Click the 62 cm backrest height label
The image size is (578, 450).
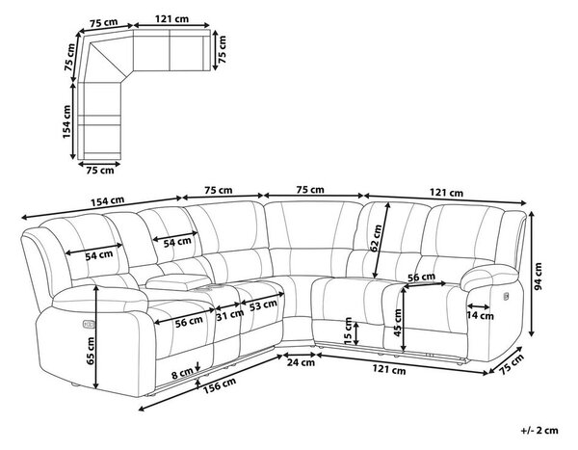(x=377, y=238)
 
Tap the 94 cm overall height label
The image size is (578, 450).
(x=539, y=277)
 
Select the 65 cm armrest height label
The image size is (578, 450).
(x=91, y=351)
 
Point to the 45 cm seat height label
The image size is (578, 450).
(x=397, y=323)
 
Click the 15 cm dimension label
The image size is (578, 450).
(x=348, y=331)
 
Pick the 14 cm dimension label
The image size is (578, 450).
(x=480, y=316)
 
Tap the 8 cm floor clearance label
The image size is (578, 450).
(x=182, y=375)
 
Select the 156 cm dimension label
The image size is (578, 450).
(x=220, y=385)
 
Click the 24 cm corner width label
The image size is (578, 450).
(x=301, y=362)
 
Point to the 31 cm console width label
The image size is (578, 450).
(x=229, y=314)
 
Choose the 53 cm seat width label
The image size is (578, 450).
(x=263, y=305)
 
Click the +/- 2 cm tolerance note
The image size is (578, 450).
(x=539, y=430)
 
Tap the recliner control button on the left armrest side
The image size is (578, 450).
(x=89, y=324)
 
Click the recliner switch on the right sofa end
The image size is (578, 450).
(x=506, y=296)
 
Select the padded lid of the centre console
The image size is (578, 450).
(x=177, y=281)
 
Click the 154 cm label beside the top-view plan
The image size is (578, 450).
(x=66, y=121)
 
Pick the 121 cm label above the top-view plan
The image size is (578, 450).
(x=171, y=19)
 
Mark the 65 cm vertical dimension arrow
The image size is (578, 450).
(x=96, y=337)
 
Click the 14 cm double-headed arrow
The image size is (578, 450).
(x=479, y=306)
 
